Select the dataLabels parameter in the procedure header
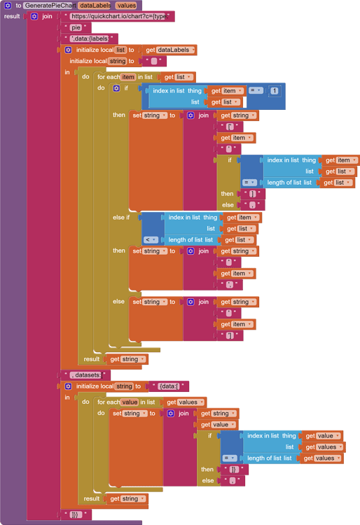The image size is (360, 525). (95, 6)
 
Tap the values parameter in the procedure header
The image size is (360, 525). (127, 6)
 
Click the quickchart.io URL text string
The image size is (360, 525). (117, 16)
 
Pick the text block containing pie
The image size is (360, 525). (76, 27)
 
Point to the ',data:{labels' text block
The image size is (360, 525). (89, 38)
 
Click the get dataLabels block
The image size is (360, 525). (170, 50)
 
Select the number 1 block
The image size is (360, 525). (274, 91)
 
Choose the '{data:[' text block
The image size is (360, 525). (168, 386)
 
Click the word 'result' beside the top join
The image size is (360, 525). (12, 16)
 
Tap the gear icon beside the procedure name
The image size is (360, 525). (8, 6)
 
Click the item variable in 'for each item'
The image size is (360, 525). (128, 77)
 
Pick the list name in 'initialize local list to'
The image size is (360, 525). (120, 50)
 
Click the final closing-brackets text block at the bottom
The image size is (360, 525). (76, 514)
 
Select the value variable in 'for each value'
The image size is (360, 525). (130, 402)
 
